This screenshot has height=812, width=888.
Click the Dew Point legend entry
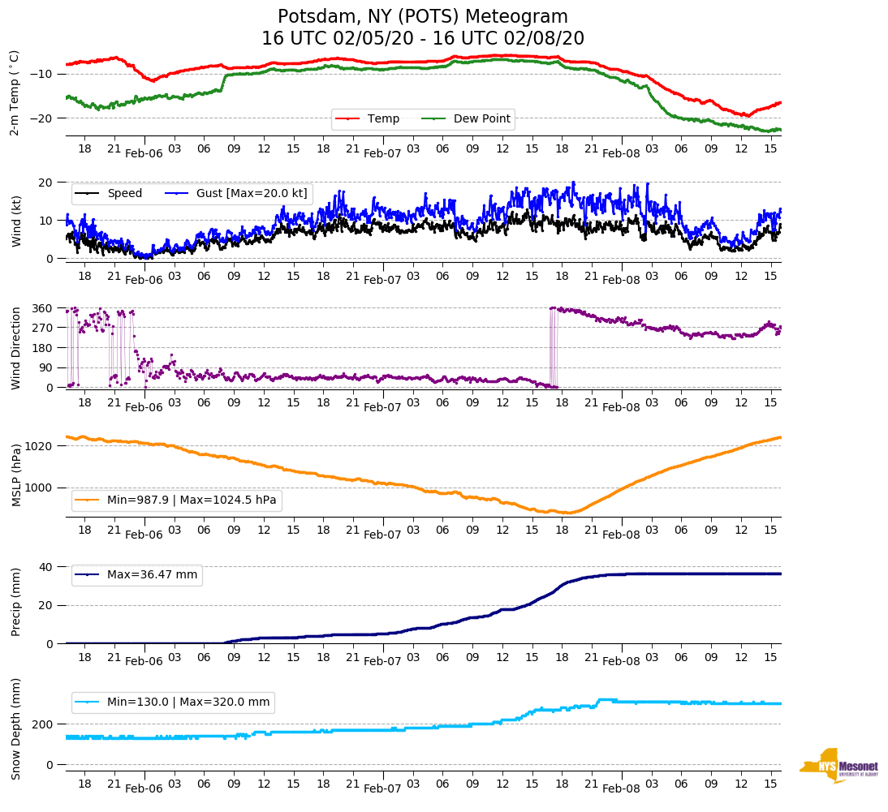pyautogui.click(x=481, y=118)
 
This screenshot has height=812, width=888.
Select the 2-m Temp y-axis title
pyautogui.click(x=14, y=92)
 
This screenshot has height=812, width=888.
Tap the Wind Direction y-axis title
pyautogui.click(x=15, y=347)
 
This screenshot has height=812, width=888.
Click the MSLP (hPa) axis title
pyautogui.click(x=15, y=475)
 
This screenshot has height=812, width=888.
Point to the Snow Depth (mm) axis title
pyautogui.click(x=15, y=728)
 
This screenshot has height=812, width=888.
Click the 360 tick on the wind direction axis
pyautogui.click(x=42, y=308)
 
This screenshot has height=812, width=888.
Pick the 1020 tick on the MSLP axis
pyautogui.click(x=39, y=446)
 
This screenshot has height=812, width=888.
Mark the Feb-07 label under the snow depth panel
pyautogui.click(x=382, y=788)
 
